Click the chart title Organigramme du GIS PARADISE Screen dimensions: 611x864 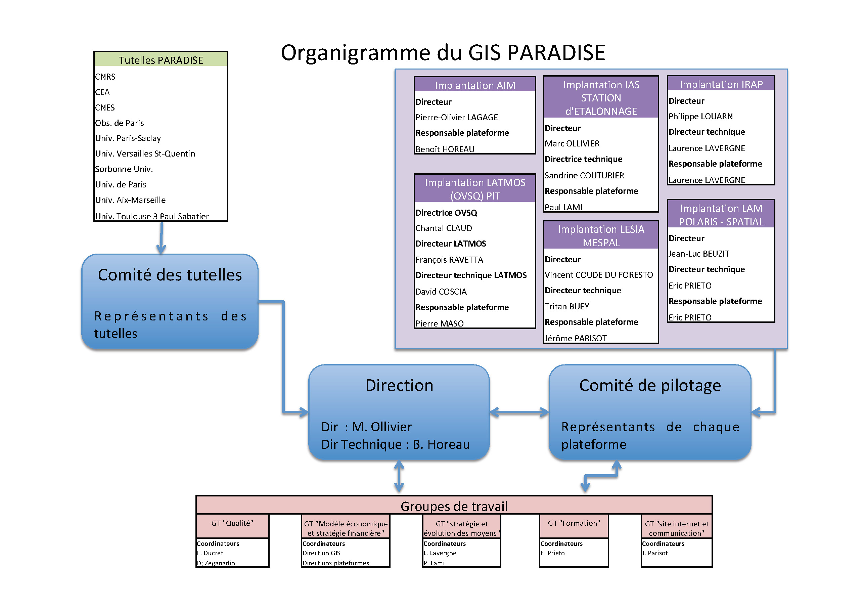tap(443, 53)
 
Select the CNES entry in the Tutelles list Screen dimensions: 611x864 tap(105, 108)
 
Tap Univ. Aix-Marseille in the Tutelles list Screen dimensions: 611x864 tap(130, 200)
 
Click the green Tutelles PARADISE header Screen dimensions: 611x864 tap(161, 60)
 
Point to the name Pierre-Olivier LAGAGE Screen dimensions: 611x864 tap(456, 118)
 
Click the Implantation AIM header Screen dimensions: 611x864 tap(474, 85)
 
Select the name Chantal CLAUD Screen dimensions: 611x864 tap(444, 228)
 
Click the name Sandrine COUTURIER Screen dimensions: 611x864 tap(584, 175)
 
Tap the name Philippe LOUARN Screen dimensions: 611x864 tap(700, 116)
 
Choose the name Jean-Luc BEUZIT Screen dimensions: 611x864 tap(699, 254)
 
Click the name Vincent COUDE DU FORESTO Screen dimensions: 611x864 tap(599, 275)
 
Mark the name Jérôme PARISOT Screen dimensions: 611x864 tap(576, 338)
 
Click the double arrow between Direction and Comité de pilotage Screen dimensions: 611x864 tap(519, 412)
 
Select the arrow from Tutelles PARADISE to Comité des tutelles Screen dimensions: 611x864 tap(162, 237)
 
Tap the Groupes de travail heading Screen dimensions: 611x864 tap(454, 506)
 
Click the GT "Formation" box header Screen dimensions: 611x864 tap(574, 523)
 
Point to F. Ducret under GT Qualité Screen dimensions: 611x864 tap(210, 553)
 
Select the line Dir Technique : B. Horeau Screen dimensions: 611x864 tap(395, 445)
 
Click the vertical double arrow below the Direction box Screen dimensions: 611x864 tap(399, 477)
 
